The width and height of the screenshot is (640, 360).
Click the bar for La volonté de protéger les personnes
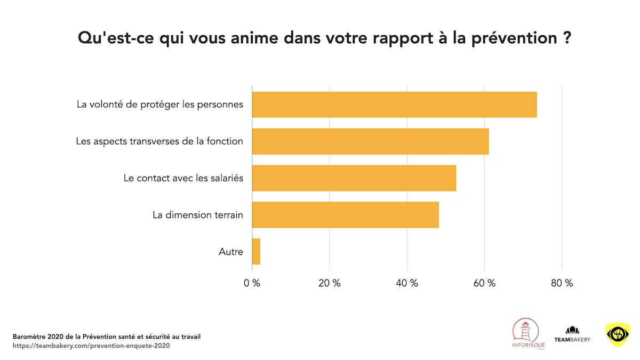pos(394,105)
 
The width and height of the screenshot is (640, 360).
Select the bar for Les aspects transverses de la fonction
pos(370,141)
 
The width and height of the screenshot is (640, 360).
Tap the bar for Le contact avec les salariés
pos(354,178)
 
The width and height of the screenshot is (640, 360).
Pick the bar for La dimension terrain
pos(345,215)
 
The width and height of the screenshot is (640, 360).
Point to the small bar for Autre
pos(256,252)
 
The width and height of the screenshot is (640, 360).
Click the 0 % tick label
pos(252,283)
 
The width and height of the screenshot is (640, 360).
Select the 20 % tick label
pos(329,283)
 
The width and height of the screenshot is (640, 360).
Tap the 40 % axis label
pos(407,283)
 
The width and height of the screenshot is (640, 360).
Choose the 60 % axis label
pos(484,283)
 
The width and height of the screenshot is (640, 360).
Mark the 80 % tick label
pos(562,283)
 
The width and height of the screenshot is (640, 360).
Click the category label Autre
pos(231,252)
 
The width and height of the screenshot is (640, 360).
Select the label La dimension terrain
pos(198,215)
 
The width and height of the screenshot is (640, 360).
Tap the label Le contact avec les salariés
pos(183,178)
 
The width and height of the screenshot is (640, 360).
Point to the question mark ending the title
pos(567,38)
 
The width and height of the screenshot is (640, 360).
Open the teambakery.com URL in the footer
pos(91,346)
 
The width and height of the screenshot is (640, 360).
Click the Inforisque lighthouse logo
pos(528,334)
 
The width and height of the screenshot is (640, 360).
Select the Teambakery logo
pos(572,334)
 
